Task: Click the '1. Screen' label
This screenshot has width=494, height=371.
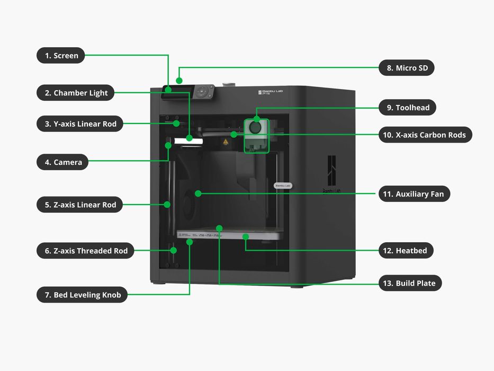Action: [x=61, y=55]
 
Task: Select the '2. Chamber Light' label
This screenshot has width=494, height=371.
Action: [x=76, y=93]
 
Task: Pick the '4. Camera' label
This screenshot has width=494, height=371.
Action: [x=62, y=162]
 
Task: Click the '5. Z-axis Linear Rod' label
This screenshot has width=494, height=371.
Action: [x=79, y=205]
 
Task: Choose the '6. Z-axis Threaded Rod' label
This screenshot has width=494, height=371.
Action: [x=85, y=251]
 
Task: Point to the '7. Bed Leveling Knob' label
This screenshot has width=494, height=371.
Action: [x=82, y=295]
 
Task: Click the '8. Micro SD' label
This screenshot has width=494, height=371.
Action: [x=407, y=68]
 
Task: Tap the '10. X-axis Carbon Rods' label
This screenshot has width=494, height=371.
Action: [x=425, y=135]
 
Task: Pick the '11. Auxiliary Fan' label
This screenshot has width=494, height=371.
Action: [x=414, y=194]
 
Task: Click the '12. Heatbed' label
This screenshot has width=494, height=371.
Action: [x=406, y=251]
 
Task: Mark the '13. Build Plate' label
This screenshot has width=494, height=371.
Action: [x=410, y=283]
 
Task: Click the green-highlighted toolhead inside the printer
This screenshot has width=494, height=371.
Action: [x=256, y=135]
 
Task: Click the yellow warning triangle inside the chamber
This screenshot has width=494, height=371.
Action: [x=226, y=142]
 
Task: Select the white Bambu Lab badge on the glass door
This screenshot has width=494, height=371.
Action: [x=283, y=185]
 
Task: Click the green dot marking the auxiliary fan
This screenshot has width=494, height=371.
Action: [x=197, y=193]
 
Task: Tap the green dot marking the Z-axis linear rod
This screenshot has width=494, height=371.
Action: [x=167, y=204]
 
